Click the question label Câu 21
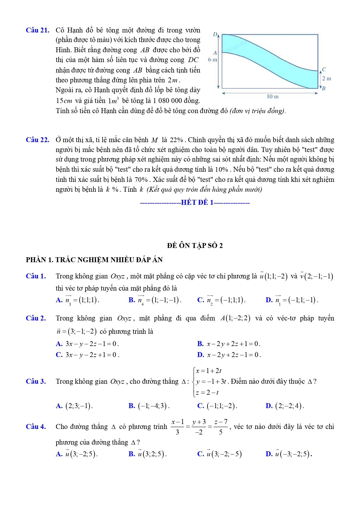(x=37, y=30)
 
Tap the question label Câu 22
(x=37, y=140)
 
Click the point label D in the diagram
(x=215, y=34)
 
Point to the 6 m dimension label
(x=212, y=60)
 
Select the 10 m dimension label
(x=272, y=97)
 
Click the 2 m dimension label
(x=327, y=79)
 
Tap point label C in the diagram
(x=324, y=69)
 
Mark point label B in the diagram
(x=323, y=88)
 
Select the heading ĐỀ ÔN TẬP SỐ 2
(x=195, y=246)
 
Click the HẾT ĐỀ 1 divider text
(x=197, y=202)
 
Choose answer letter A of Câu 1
(x=59, y=300)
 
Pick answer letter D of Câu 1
(x=269, y=300)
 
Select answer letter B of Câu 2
(x=200, y=344)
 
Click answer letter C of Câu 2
(x=59, y=355)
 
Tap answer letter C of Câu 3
(x=200, y=406)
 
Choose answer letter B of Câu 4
(x=132, y=454)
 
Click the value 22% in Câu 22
(x=176, y=140)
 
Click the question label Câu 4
(x=36, y=427)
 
